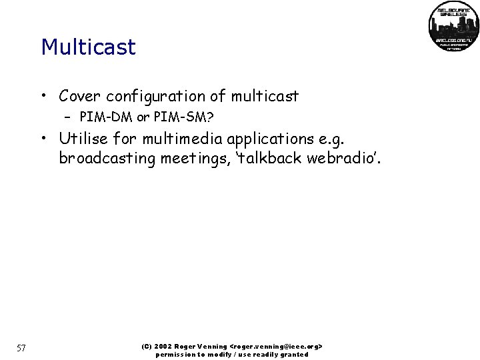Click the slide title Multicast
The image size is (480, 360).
[x=88, y=47]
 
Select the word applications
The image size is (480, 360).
[x=257, y=139]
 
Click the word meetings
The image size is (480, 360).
[x=188, y=158]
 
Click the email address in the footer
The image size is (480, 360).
[x=275, y=347]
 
